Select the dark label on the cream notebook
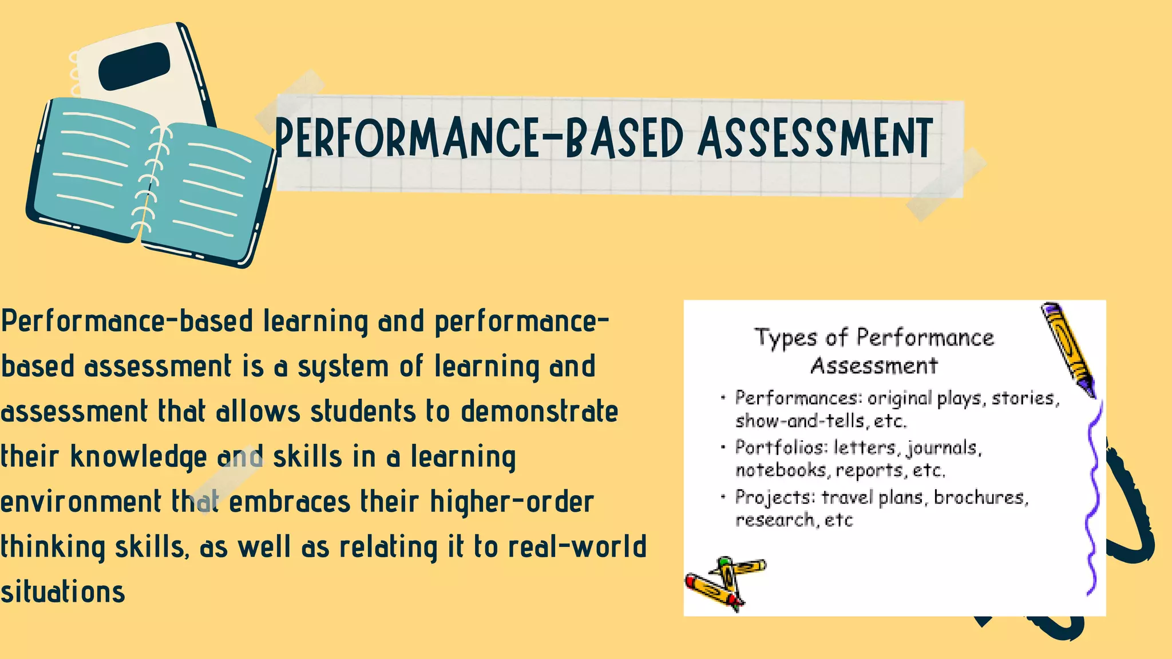(134, 66)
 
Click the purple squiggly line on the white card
(1094, 498)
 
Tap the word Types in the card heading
(785, 338)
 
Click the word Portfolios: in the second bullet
(781, 447)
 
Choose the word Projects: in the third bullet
(775, 497)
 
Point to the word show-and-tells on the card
(800, 422)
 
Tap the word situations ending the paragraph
(63, 591)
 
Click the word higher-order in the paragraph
(512, 502)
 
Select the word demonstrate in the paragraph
(540, 412)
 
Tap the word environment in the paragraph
(81, 502)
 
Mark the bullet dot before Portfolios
(723, 446)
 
